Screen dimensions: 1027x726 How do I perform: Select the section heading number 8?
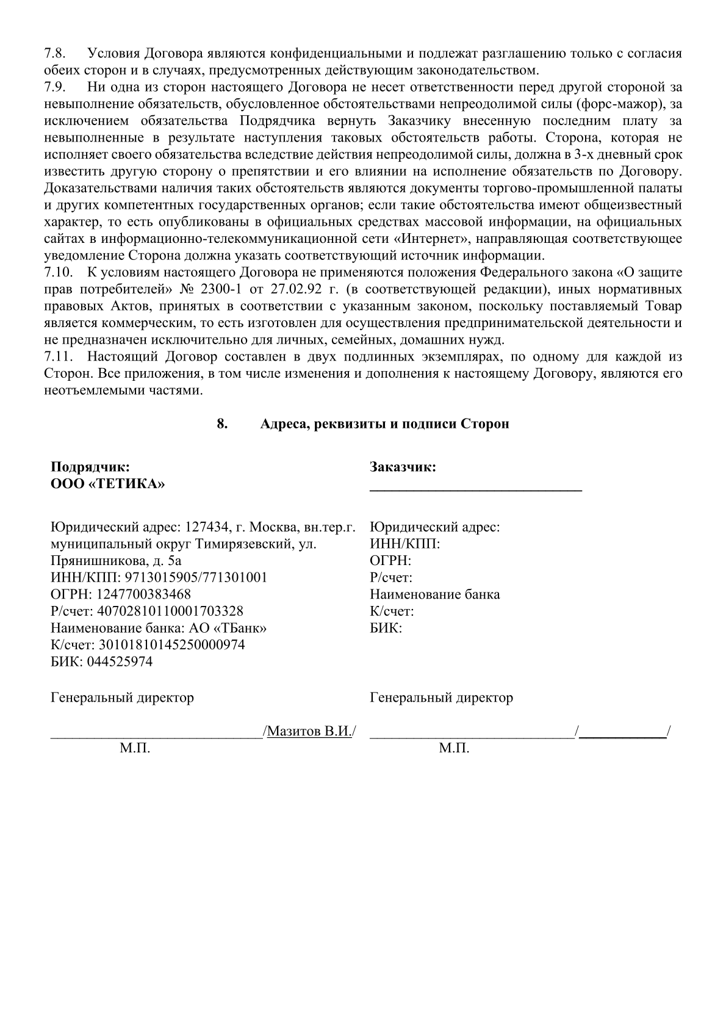(223, 423)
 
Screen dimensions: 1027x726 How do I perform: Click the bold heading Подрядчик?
(90, 467)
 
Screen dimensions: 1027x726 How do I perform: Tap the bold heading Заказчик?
(403, 467)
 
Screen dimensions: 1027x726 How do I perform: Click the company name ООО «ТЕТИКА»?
(107, 485)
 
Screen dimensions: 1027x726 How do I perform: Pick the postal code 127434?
(206, 527)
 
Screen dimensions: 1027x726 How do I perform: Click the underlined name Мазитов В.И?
(309, 731)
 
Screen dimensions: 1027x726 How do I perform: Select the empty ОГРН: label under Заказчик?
(390, 561)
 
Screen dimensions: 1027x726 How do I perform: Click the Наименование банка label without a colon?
(434, 594)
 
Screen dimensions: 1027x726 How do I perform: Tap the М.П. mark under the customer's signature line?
(454, 749)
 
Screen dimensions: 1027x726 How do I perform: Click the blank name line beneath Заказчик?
(476, 489)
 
